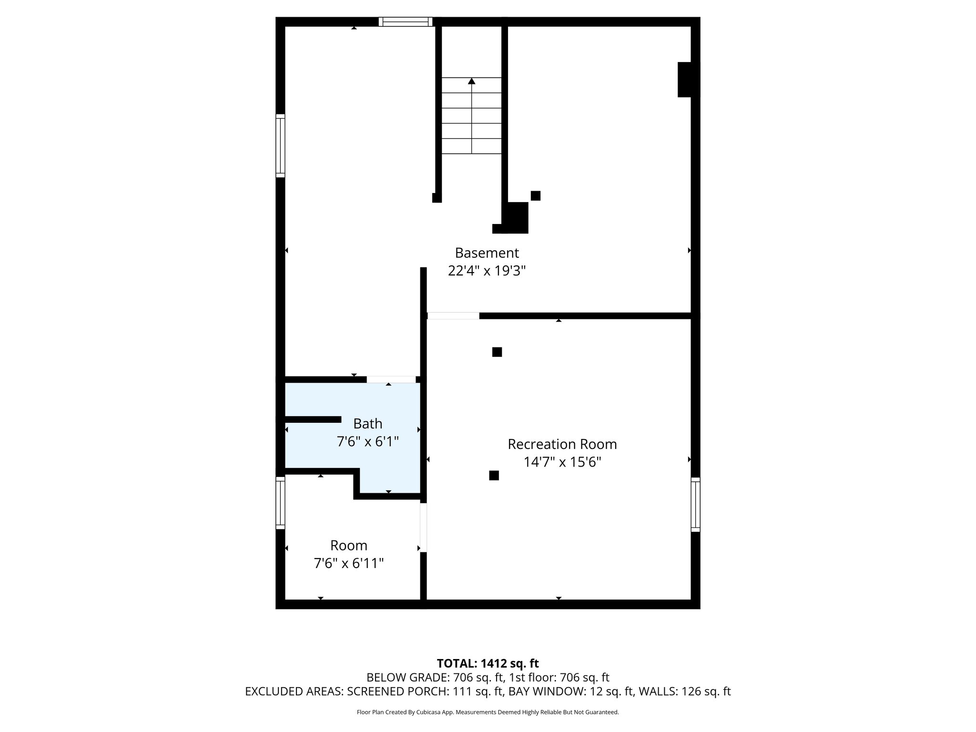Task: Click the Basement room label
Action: click(x=487, y=253)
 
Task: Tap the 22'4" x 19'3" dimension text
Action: click(x=487, y=271)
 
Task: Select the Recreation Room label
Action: click(x=562, y=444)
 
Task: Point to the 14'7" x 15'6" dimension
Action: click(x=562, y=462)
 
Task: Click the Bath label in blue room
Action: click(x=367, y=424)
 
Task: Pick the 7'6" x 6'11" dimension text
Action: click(x=348, y=564)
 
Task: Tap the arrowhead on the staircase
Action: click(x=471, y=81)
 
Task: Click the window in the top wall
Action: click(x=406, y=21)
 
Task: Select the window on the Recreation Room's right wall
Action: click(x=695, y=505)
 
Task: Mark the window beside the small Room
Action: click(x=280, y=503)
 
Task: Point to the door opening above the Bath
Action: click(x=391, y=379)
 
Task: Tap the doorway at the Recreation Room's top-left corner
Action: click(x=453, y=316)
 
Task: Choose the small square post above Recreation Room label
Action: click(x=497, y=352)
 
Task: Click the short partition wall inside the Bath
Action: click(x=313, y=419)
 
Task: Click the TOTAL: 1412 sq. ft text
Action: click(x=488, y=663)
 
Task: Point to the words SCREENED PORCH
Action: click(x=397, y=691)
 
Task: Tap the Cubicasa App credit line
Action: click(x=488, y=712)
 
